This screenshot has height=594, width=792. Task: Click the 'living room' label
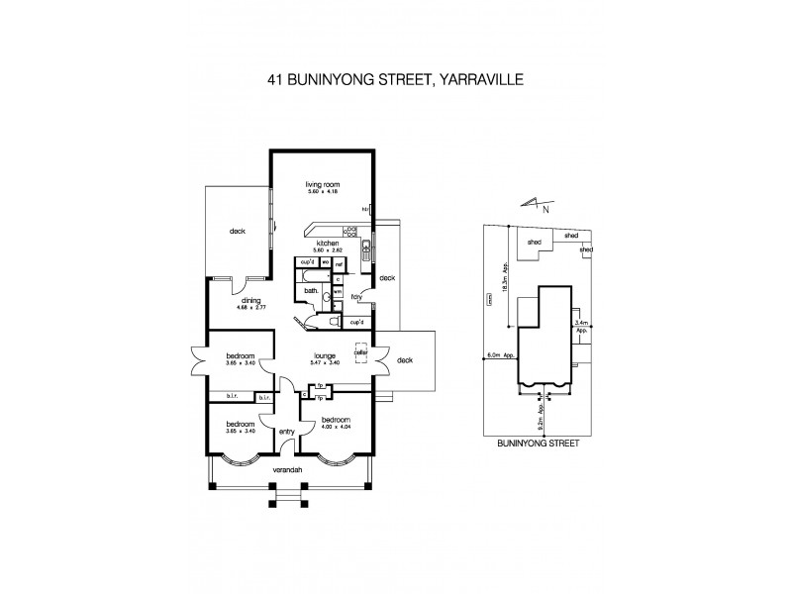coord(323,183)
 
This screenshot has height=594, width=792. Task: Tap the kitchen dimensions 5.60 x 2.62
coord(328,250)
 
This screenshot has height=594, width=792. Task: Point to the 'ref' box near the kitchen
coord(338,264)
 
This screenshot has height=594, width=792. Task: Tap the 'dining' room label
coord(249,302)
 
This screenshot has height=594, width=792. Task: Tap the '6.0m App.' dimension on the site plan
coord(500,354)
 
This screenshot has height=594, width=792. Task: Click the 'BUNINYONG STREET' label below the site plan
coord(539,445)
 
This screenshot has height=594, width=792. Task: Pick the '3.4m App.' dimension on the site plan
coord(582,325)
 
